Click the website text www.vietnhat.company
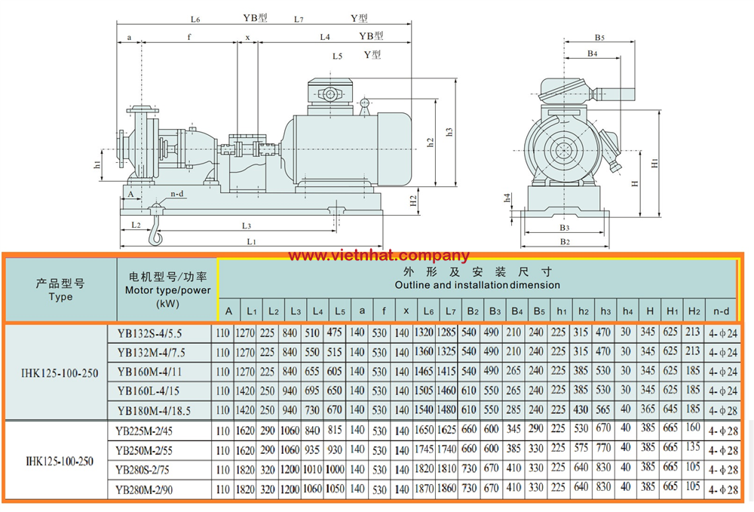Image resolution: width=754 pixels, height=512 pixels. [x=379, y=256]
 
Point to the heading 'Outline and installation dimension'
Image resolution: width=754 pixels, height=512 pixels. [x=477, y=285]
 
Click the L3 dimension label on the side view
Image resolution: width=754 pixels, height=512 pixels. [x=247, y=225]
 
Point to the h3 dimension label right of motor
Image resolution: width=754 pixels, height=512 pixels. [x=449, y=131]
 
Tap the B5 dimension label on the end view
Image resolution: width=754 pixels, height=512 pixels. [x=600, y=37]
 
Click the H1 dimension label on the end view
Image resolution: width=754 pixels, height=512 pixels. [x=654, y=162]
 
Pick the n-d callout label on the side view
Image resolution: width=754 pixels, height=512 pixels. [x=177, y=194]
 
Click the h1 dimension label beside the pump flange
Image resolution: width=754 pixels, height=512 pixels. [x=97, y=164]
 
